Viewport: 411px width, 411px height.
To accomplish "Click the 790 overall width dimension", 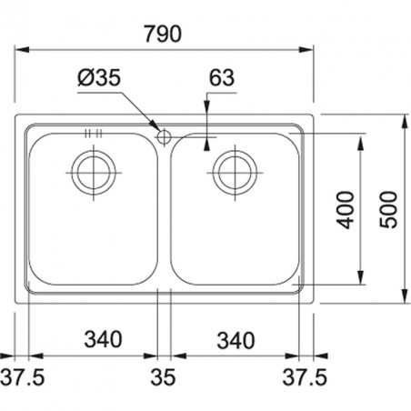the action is [x=163, y=34].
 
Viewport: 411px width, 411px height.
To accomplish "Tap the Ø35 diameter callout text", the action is [x=99, y=77].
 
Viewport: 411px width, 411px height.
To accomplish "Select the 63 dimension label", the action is [x=222, y=77].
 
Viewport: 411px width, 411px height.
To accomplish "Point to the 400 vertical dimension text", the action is [x=346, y=210].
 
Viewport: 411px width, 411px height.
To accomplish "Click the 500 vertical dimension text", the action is [x=388, y=209].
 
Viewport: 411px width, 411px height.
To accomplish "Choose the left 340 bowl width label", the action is [x=103, y=339].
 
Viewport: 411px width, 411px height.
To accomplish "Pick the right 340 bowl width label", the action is [x=236, y=340].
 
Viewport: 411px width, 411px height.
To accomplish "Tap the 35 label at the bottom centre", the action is [x=163, y=377].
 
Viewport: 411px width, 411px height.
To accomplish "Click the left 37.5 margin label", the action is [x=22, y=377].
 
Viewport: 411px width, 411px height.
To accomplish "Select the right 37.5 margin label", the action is [x=305, y=377].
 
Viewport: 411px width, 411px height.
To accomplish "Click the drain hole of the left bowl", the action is [x=94, y=173].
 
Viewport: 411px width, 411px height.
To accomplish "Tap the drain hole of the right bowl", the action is [x=235, y=173].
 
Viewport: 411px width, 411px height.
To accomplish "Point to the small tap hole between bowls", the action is [x=164, y=137].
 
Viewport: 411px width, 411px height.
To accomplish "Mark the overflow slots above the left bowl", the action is [x=94, y=134].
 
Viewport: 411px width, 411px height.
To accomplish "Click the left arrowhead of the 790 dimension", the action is [x=22, y=49].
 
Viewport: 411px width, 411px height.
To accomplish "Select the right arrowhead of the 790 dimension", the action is [x=306, y=49].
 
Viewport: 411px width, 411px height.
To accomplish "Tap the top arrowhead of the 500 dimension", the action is [x=405, y=122].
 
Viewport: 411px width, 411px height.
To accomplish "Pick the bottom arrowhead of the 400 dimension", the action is [x=360, y=277].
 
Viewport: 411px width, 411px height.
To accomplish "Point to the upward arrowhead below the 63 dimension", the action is [x=206, y=145].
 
